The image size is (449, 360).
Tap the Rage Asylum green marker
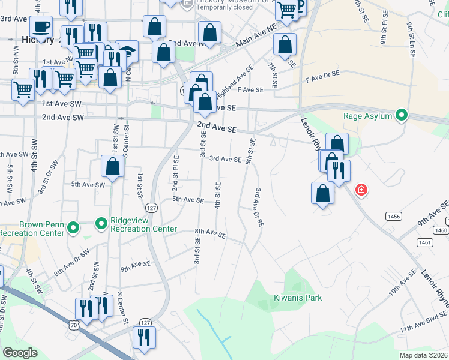click(402, 116)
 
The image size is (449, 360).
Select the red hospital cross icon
click(361, 191)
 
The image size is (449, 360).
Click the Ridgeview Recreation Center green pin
click(101, 224)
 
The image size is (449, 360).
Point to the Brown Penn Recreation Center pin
click(73, 228)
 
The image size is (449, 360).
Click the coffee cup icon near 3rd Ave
click(41, 27)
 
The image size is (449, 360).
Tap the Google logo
click(20, 353)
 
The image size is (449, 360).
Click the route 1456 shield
click(394, 215)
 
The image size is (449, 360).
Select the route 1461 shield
click(425, 242)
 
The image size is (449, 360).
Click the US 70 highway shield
click(73, 325)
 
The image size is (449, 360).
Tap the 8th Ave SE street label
click(209, 233)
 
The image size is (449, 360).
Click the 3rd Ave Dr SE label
click(259, 207)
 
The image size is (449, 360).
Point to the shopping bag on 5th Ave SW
click(112, 167)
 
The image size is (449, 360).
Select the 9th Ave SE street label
click(135, 263)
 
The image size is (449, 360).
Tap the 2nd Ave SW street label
click(63, 118)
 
